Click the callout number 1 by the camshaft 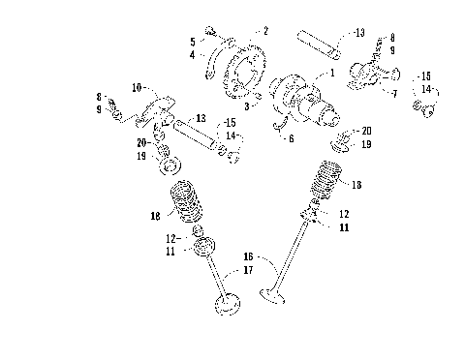click(x=333, y=73)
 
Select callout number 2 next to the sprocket click(x=265, y=31)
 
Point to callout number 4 click(x=192, y=55)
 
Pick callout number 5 click(x=192, y=42)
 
